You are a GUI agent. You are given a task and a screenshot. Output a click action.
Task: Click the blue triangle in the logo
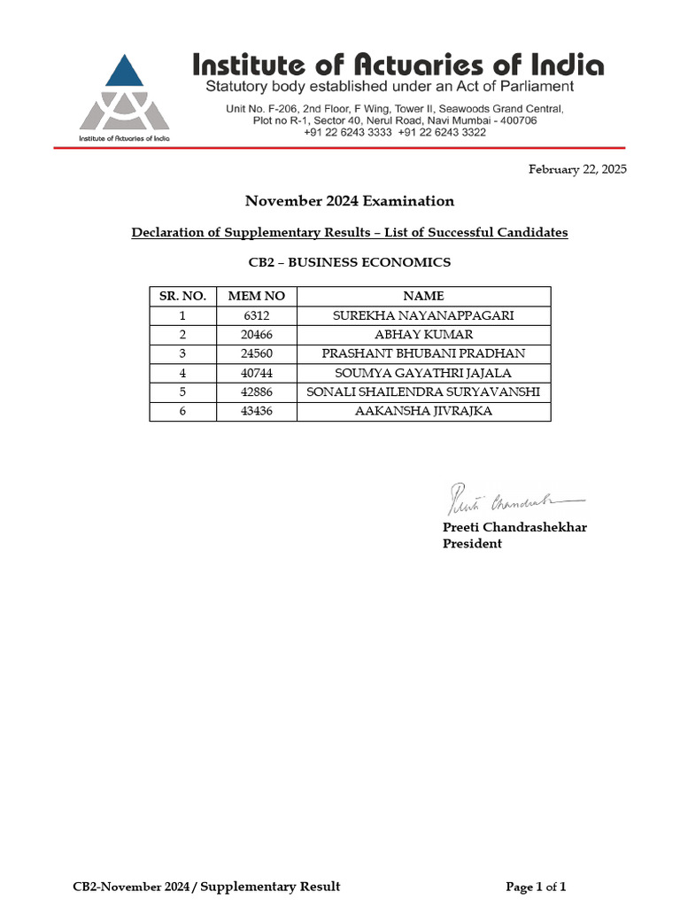124,73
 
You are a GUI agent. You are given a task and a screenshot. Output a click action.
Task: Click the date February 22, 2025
577,169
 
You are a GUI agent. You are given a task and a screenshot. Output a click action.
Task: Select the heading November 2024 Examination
349,201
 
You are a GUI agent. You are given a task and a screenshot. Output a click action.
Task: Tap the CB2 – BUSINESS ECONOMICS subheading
349,262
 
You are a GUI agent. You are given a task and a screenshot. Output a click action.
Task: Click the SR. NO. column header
182,296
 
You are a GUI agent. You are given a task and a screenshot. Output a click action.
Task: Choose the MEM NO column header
257,296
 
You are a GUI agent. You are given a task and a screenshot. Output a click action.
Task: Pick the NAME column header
423,296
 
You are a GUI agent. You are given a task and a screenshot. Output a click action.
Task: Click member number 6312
257,315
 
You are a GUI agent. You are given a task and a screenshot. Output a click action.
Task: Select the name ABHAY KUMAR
423,335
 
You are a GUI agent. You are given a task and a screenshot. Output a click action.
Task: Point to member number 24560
257,353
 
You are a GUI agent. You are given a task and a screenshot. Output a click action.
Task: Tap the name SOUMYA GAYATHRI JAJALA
423,373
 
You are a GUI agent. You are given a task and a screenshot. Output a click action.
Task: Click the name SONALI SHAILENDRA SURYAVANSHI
423,392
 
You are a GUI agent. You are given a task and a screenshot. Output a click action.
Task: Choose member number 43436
257,412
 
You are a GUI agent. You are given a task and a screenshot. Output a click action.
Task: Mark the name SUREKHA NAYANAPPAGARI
423,315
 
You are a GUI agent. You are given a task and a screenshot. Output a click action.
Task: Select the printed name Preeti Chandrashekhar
514,528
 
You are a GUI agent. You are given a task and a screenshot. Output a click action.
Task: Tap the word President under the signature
472,544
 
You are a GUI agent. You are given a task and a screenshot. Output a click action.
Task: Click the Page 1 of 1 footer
536,887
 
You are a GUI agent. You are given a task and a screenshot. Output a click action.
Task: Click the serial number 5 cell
182,392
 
